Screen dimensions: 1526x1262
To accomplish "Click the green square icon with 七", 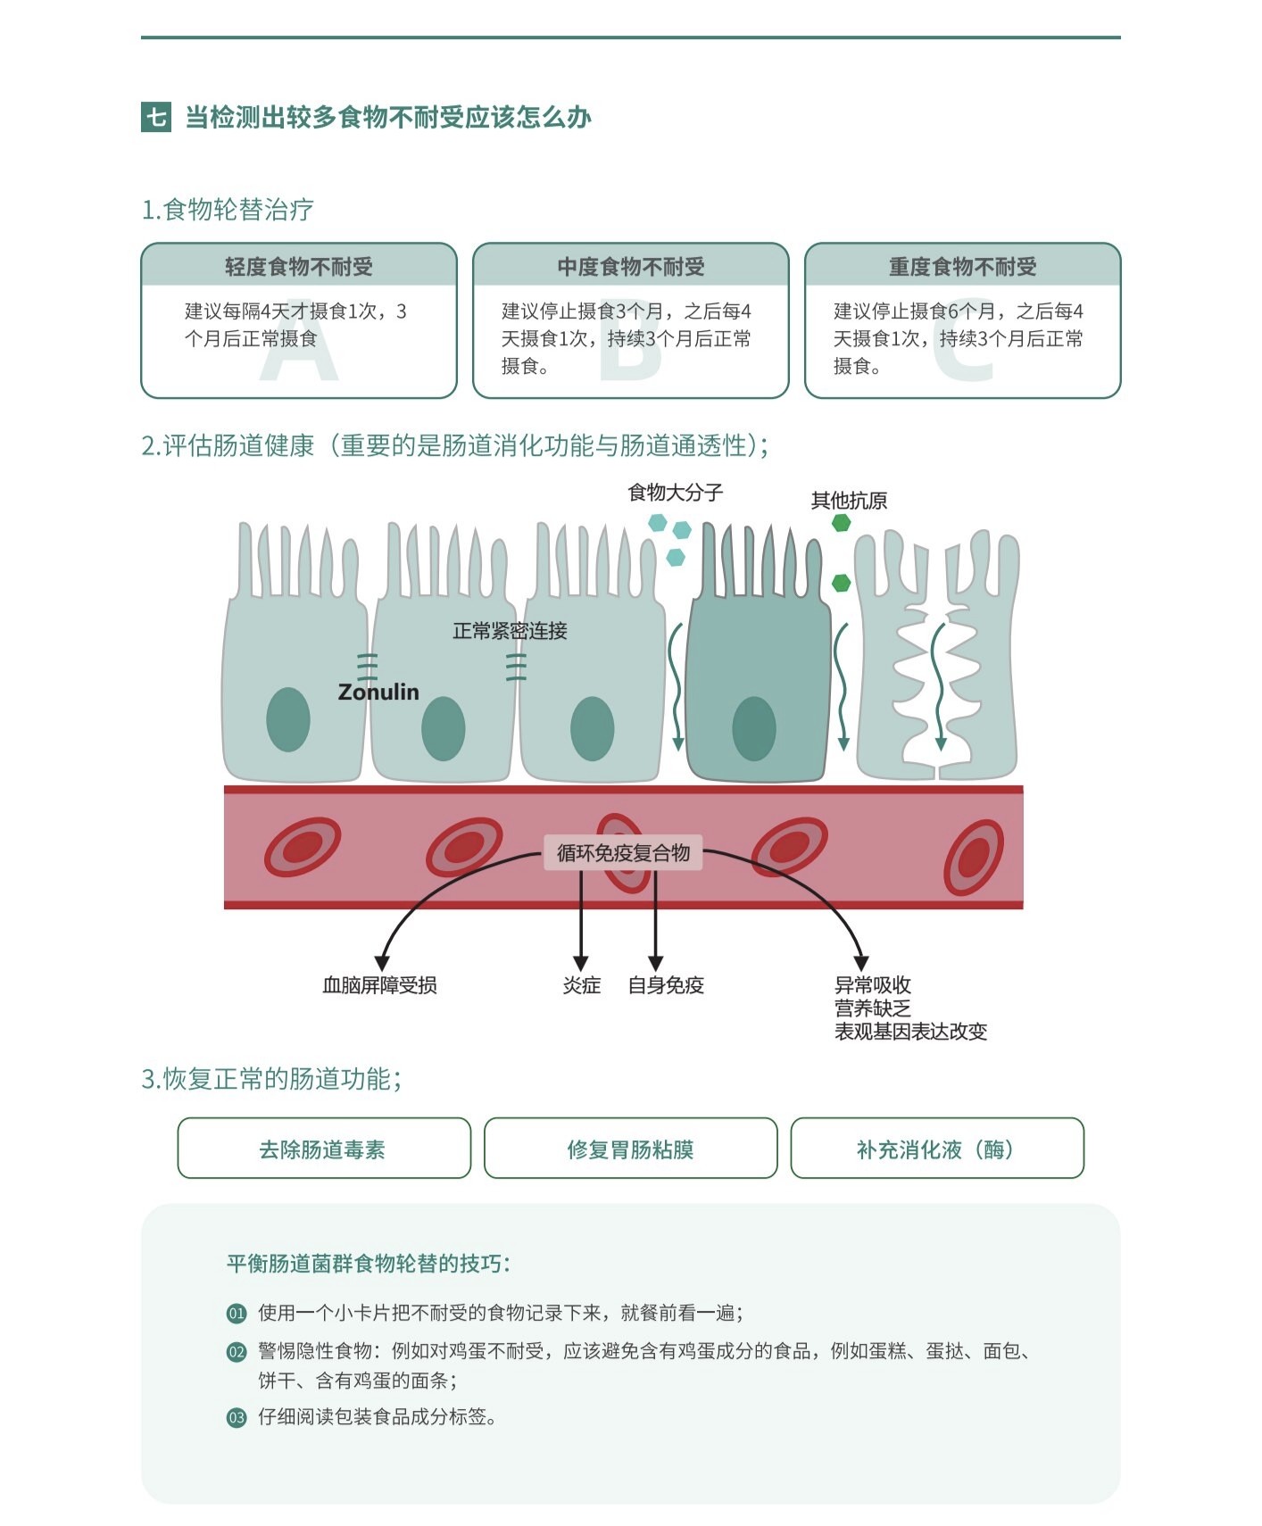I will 156,117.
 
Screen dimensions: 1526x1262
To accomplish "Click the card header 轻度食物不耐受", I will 299,266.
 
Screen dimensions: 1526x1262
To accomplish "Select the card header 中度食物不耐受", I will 631,266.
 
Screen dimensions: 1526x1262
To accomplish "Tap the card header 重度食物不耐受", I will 962,266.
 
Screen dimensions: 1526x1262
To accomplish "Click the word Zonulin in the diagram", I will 378,692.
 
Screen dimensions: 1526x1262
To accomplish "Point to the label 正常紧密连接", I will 510,631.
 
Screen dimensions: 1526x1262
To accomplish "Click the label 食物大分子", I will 676,493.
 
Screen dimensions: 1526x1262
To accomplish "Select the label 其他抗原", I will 849,501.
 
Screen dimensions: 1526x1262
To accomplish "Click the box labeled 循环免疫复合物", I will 623,853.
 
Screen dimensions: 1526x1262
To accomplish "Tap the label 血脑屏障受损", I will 379,985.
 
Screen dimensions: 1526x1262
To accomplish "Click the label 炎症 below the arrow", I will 581,985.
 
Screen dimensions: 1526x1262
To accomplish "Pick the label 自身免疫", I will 666,985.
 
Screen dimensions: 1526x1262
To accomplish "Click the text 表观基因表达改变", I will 910,1032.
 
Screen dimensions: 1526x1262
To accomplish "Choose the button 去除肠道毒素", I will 323,1149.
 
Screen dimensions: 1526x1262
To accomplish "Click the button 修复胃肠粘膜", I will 630,1149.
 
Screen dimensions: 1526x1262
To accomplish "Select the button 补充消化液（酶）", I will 937,1149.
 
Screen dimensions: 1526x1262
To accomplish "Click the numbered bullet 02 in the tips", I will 237,1352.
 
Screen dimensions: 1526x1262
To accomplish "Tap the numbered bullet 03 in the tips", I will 237,1417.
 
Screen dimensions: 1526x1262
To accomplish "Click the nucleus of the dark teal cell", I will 754,728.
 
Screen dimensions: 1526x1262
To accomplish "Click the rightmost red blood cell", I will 974,858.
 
